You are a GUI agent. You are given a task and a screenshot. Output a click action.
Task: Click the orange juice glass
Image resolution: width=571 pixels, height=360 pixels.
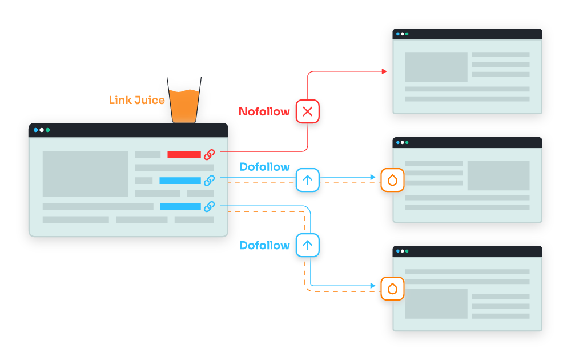pos(184,103)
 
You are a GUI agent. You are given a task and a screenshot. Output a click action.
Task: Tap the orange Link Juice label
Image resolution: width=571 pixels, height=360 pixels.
pos(136,101)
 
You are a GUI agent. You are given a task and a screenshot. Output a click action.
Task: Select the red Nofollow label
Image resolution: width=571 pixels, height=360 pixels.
pos(264,111)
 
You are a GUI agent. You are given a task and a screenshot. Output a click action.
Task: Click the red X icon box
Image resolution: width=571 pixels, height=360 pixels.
pos(307,111)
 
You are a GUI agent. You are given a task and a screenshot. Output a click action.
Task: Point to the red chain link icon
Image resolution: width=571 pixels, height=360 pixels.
pos(210,154)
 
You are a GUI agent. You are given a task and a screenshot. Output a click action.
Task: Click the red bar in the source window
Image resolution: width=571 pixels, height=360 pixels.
pos(184,154)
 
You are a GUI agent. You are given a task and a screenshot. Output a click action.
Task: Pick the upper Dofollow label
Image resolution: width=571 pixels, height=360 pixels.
pos(264,167)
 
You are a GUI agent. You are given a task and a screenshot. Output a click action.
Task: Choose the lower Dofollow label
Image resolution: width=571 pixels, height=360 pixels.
pos(264,245)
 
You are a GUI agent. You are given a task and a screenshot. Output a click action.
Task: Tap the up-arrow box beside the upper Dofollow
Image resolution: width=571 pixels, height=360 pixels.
pos(307,180)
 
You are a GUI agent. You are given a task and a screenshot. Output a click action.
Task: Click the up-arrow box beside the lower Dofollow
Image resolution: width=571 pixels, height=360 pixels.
pos(307,245)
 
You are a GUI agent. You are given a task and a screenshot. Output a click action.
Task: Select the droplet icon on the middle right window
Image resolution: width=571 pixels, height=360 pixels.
pos(392,180)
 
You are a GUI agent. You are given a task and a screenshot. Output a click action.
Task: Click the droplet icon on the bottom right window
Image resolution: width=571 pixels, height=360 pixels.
pos(392,289)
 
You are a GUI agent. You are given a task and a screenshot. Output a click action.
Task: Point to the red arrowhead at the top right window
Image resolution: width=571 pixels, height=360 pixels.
pos(384,71)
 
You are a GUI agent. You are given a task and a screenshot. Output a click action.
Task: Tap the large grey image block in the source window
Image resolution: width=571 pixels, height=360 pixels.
pos(86,174)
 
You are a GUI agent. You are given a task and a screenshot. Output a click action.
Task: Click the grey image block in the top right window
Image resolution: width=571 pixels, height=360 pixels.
pos(436,67)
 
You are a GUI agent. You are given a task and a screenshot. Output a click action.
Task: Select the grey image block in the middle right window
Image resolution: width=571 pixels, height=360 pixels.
pos(498,175)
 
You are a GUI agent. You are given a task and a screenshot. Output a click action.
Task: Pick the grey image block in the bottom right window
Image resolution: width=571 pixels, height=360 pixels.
pos(436,304)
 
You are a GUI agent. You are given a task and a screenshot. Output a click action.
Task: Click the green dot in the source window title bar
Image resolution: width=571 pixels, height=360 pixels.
pos(48,130)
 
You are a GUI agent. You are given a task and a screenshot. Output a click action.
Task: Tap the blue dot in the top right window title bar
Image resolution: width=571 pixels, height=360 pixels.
pos(398,34)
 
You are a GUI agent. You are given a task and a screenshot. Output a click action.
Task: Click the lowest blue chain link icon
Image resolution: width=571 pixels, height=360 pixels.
pos(210,206)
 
